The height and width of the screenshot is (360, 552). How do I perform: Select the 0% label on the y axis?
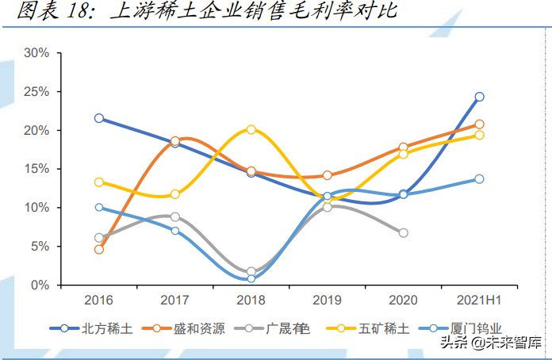pos(40,285)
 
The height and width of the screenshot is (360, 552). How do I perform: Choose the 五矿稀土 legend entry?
pos(367,327)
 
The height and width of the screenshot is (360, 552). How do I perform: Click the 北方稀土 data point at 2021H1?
pos(479,97)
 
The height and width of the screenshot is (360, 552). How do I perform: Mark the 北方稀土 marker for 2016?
pos(99,118)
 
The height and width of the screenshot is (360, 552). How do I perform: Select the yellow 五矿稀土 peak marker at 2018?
pos(251,129)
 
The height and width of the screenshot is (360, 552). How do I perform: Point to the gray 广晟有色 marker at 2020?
pos(403,232)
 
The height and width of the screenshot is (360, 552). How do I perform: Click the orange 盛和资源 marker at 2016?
pos(99,249)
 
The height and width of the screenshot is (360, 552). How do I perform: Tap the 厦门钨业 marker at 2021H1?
pos(479,178)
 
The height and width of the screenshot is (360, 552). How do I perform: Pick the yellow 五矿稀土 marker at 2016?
pos(99,182)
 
